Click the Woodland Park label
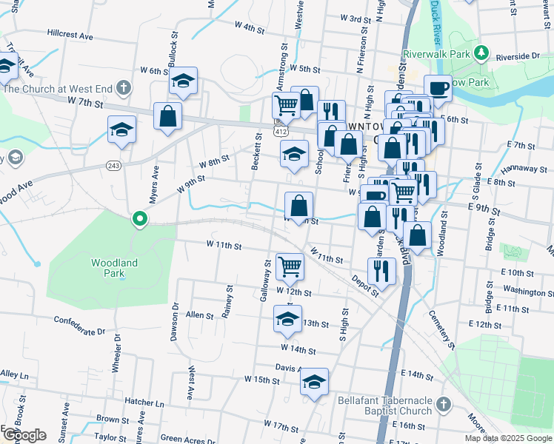pos(114,268)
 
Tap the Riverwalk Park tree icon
pos(481,52)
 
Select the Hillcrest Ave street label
pos(70,35)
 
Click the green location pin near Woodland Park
pos(138,218)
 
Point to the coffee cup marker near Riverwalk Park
pos(438,88)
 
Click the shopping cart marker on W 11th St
pos(290,266)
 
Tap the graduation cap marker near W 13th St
pos(287,320)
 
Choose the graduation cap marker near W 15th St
pos(314,383)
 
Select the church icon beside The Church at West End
pos(123,89)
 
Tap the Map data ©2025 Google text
pos(508,438)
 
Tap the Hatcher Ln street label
pos(144,403)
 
